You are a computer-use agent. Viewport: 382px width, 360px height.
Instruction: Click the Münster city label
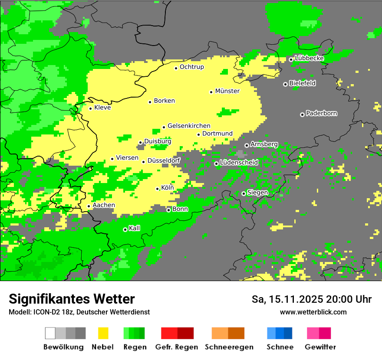point(227,91)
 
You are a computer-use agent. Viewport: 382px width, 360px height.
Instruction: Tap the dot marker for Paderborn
point(302,115)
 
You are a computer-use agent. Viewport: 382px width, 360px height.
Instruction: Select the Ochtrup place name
point(191,67)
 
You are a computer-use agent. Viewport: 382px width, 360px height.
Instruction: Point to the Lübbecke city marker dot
point(291,59)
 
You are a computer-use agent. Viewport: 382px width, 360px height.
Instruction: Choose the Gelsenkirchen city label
point(189,126)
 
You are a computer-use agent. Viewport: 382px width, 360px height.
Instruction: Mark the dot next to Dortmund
point(198,134)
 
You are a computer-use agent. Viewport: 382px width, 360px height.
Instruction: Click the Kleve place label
point(102,108)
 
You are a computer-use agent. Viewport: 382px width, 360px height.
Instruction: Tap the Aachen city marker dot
point(89,206)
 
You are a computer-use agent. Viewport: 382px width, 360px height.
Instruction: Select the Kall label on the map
point(134,228)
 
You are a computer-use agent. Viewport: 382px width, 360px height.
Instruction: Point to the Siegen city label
point(257,193)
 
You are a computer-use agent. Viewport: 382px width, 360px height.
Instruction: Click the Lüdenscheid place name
point(239,163)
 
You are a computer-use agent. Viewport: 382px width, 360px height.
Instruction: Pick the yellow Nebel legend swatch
point(103,333)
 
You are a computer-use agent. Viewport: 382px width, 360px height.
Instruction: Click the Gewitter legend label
point(320,347)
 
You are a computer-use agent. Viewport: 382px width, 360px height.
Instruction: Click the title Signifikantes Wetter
point(72,299)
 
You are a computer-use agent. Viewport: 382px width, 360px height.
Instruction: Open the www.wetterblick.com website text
point(313,312)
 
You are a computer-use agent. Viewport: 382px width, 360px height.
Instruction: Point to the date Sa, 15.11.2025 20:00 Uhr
point(311,299)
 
